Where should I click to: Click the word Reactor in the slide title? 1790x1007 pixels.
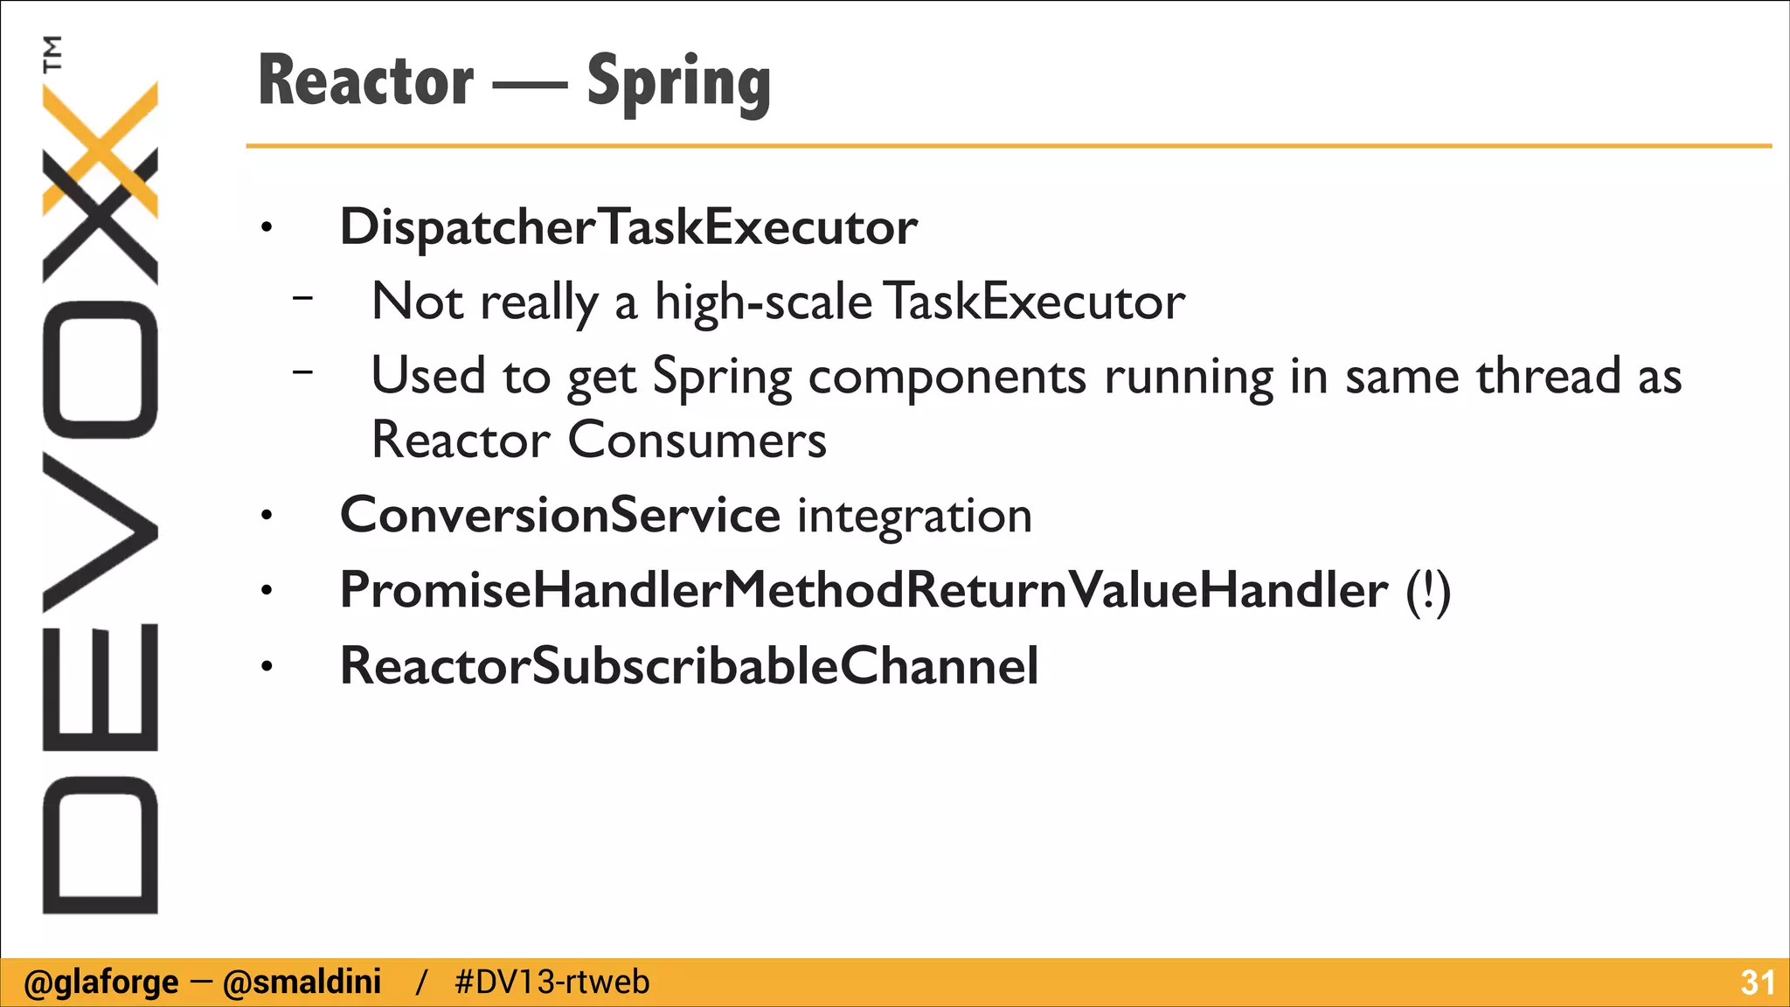(x=366, y=81)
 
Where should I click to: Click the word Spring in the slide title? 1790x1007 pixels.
(x=678, y=83)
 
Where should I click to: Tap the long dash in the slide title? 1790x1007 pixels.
(x=530, y=86)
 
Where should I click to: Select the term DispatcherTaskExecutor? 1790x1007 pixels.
(x=628, y=227)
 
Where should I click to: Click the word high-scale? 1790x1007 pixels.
(x=763, y=302)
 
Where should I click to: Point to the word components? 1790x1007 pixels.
(x=947, y=378)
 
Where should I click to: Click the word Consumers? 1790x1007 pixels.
(x=697, y=440)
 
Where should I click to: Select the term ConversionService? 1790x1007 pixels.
(x=559, y=515)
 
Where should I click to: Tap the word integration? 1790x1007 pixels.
(x=914, y=516)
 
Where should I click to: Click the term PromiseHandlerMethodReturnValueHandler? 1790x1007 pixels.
(x=864, y=590)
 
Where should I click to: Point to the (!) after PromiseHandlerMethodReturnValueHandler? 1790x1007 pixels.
(x=1428, y=592)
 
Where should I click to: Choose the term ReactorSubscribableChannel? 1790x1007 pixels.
(x=689, y=666)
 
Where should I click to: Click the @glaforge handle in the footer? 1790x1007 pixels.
(x=101, y=983)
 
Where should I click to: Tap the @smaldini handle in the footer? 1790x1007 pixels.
(x=302, y=983)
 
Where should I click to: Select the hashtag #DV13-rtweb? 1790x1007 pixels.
(x=552, y=983)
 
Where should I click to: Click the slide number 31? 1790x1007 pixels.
(x=1757, y=983)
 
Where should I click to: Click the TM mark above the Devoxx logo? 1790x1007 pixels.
(x=52, y=53)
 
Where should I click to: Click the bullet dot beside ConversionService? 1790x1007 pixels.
(x=267, y=517)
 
